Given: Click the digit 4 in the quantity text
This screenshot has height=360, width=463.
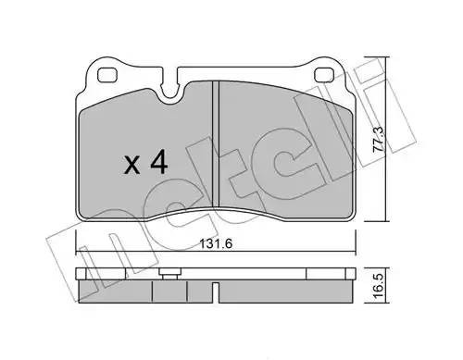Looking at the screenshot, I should [157, 164].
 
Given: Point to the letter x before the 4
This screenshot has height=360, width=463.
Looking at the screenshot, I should [132, 167].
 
